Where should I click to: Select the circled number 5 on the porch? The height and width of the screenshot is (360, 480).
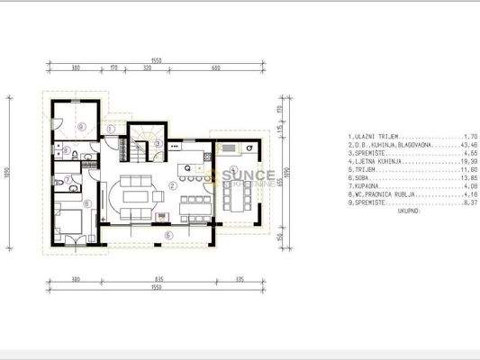pos(168,236)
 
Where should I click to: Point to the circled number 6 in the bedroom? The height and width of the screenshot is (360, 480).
pos(86,204)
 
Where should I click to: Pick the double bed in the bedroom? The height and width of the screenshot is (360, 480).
pos(68,221)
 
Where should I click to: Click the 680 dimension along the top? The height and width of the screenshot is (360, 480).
pos(216,67)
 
